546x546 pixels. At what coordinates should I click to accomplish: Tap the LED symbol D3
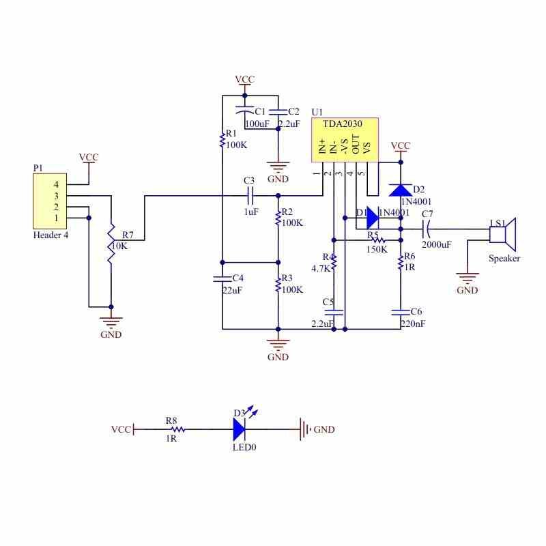tap(239, 429)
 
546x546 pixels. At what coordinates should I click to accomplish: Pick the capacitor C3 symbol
tap(250, 196)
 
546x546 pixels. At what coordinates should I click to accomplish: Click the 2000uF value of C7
tap(435, 244)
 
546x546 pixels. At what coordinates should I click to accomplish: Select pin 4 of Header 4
tap(57, 184)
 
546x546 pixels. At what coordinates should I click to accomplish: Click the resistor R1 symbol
tap(222, 140)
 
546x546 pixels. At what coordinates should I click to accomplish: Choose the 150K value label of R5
tap(377, 249)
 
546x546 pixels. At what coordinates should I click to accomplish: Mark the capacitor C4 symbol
tap(222, 278)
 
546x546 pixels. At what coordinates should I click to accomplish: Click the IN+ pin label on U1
tap(323, 146)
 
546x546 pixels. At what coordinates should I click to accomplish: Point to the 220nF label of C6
tap(413, 324)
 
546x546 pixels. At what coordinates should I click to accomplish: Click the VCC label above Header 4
tap(89, 157)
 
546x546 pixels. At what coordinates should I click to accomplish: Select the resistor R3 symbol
tap(278, 285)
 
